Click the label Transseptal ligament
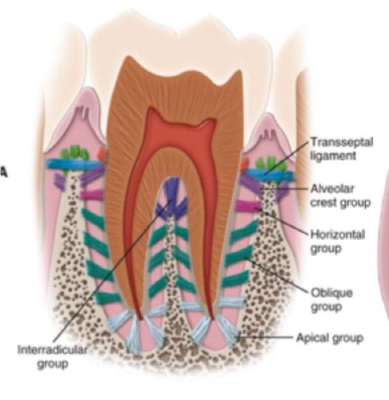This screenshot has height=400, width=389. (x=342, y=149)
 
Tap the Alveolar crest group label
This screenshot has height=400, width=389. (x=340, y=195)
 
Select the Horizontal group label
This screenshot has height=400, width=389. (x=338, y=241)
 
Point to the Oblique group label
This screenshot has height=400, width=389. (x=332, y=300)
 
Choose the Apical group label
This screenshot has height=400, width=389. (x=330, y=337)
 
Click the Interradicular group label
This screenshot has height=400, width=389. (x=52, y=356)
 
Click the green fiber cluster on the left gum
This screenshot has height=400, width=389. (x=74, y=153)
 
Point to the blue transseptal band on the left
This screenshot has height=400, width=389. (x=74, y=164)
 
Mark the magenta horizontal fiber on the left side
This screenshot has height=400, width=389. (x=91, y=195)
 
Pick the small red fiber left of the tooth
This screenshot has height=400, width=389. (x=102, y=154)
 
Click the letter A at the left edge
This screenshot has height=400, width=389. (x=3, y=173)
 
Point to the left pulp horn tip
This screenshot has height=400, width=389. (x=153, y=109)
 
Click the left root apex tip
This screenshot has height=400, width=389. (x=141, y=319)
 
